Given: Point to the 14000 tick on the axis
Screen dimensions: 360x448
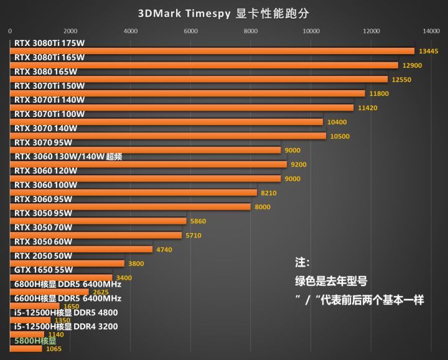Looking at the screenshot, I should tap(431, 30).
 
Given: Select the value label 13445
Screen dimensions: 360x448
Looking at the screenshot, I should tap(429, 51).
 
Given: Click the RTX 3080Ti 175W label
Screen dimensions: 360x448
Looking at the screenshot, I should tap(49, 43).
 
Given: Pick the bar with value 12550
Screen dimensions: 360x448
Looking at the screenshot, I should tap(198, 79).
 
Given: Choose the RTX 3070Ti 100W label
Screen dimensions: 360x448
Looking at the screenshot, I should tap(49, 114).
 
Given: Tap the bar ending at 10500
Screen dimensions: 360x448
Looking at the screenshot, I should tap(168, 136).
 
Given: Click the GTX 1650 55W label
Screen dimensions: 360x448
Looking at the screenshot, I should tap(43, 270).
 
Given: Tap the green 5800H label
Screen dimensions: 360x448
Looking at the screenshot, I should tap(35, 341).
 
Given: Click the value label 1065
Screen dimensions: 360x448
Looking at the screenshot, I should tap(54, 349).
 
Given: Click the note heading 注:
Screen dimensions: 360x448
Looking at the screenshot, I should tap(302, 262).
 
